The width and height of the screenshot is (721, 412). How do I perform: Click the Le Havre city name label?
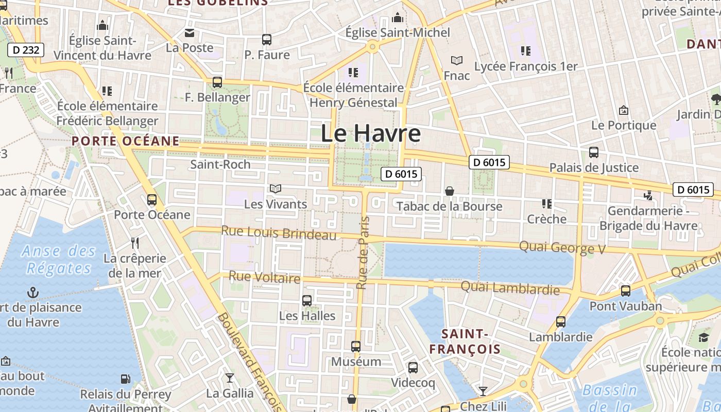(370, 133)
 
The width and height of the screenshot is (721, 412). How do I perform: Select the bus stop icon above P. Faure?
(267, 40)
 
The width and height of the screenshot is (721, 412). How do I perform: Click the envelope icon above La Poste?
(190, 33)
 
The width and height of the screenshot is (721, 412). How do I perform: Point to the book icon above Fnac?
(456, 60)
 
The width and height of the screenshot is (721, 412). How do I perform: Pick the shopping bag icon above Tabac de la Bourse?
(450, 191)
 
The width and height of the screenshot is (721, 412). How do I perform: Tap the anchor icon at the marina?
(33, 293)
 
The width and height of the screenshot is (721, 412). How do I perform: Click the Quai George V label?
(562, 248)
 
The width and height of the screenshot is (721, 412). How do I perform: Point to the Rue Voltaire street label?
(264, 277)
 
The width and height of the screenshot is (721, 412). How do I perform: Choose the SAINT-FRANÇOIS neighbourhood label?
(465, 341)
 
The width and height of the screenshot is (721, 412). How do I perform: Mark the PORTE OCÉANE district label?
(126, 141)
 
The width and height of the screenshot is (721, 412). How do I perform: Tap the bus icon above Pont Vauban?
(626, 291)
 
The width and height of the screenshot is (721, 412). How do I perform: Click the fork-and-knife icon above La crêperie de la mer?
(135, 243)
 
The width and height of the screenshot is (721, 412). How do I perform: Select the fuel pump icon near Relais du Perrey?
(125, 379)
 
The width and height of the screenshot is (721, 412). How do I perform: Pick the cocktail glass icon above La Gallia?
(230, 378)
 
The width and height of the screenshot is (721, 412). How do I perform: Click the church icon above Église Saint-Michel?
(397, 18)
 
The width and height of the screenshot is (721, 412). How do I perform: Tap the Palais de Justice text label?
(594, 167)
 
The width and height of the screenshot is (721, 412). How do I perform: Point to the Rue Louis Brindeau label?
(279, 232)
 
